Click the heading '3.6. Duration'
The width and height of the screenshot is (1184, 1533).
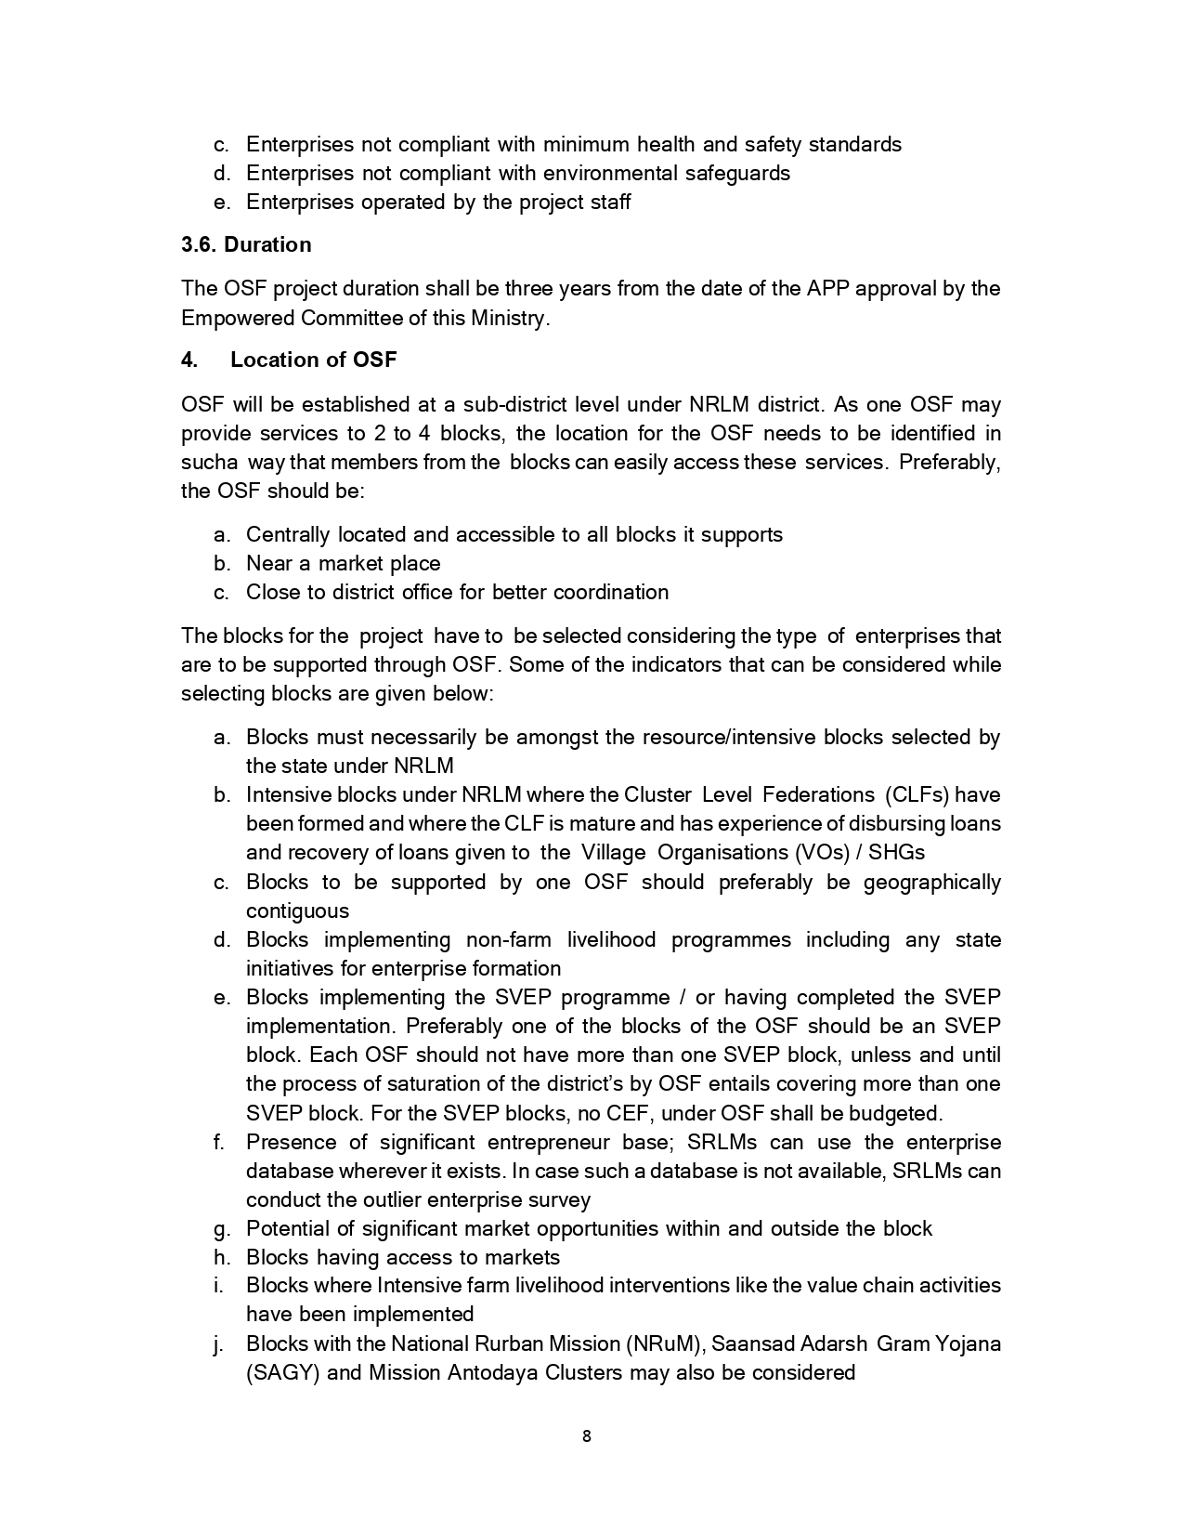click(x=246, y=244)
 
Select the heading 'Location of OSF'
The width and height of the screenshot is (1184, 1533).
click(x=313, y=360)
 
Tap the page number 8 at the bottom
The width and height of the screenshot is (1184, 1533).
click(x=586, y=1436)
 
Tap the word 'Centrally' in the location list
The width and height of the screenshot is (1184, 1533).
click(x=288, y=534)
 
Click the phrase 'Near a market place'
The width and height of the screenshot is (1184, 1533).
click(x=343, y=563)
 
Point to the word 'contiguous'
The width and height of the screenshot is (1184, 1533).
click(x=297, y=911)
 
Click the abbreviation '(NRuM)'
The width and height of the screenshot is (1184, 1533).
click(x=665, y=1343)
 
